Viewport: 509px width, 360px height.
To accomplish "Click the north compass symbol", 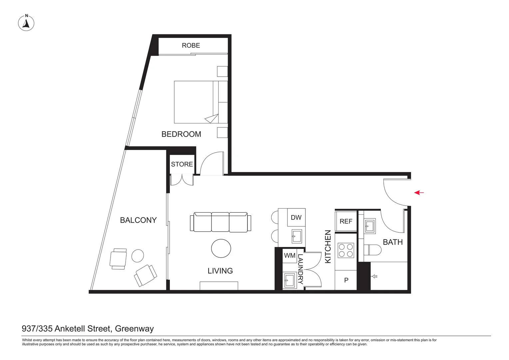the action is click(x=26, y=23).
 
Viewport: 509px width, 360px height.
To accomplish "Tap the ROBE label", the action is click(x=191, y=45).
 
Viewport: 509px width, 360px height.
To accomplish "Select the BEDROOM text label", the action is click(x=181, y=134).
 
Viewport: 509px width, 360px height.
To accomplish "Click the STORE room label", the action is click(x=182, y=164).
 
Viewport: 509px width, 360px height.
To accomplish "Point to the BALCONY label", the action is click(x=138, y=220).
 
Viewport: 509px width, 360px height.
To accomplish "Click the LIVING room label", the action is click(x=220, y=271).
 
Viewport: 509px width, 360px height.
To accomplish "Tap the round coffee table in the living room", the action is click(x=221, y=248).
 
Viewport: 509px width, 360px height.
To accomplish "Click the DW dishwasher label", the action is click(x=296, y=218).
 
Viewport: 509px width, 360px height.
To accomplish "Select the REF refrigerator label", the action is click(x=346, y=221).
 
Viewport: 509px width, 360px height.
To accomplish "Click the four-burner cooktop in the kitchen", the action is click(x=346, y=250).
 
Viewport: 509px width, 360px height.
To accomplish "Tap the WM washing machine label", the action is click(x=290, y=256).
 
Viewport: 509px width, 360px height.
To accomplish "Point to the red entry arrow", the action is click(x=419, y=193).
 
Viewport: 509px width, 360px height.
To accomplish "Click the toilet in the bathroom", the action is click(x=372, y=250).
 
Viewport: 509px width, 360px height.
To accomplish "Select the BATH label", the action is click(x=393, y=242).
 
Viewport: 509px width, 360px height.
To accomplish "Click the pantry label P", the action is click(x=346, y=280).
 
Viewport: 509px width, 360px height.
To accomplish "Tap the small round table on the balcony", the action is click(x=138, y=256).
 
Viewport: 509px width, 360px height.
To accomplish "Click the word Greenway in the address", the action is click(x=134, y=329).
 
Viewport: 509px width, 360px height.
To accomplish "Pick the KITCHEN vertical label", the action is click(x=328, y=247).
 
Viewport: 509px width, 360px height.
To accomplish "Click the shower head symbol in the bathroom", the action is click(x=374, y=277).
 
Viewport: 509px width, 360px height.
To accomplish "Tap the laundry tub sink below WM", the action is click(x=289, y=281).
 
